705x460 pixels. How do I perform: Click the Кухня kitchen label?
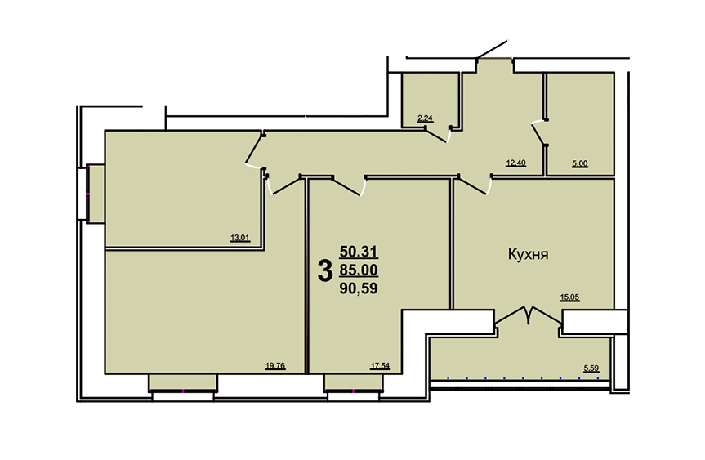pos(528,254)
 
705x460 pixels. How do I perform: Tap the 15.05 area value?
pos(569,297)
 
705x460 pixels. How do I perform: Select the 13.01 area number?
pos(239,239)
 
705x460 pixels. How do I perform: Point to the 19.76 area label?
pos(275,366)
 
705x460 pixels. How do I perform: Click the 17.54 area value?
pos(380,366)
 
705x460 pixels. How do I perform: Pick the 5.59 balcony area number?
pos(591,368)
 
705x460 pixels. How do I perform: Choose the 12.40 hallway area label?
pos(515,163)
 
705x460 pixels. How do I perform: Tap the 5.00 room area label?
pos(579,164)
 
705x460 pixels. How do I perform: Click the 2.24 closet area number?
pos(425,119)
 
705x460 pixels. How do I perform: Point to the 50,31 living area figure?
pos(359,252)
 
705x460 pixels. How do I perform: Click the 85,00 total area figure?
pos(359,270)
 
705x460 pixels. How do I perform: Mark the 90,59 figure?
pos(359,288)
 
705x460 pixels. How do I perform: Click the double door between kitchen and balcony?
pos(529,315)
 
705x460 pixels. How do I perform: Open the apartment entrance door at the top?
pos(493,50)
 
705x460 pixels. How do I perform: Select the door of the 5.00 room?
pos(538,133)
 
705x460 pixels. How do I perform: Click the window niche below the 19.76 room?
pos(183,382)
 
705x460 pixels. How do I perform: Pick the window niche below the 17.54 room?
pos(354,382)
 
